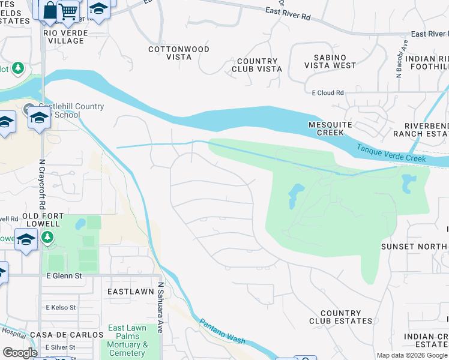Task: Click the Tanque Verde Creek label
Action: pos(391,154)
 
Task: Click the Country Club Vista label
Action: pos(257,65)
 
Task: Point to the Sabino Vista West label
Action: pos(330,61)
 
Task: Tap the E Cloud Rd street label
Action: pos(328,93)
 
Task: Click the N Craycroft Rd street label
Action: pos(43,175)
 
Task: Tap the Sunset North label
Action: pos(415,246)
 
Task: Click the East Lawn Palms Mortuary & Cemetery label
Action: pos(128,341)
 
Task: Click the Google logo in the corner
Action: pos(20,353)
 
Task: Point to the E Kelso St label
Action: pos(61,307)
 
